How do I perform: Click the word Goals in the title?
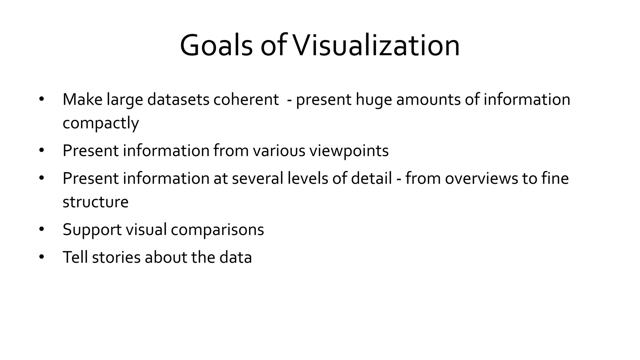tap(216, 46)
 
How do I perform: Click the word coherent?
tap(246, 99)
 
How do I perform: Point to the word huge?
tap(374, 100)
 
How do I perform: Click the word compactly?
tap(101, 123)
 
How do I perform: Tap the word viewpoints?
tap(349, 151)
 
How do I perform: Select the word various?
tap(279, 151)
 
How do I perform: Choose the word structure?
tap(95, 202)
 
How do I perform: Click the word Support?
tap(92, 230)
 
